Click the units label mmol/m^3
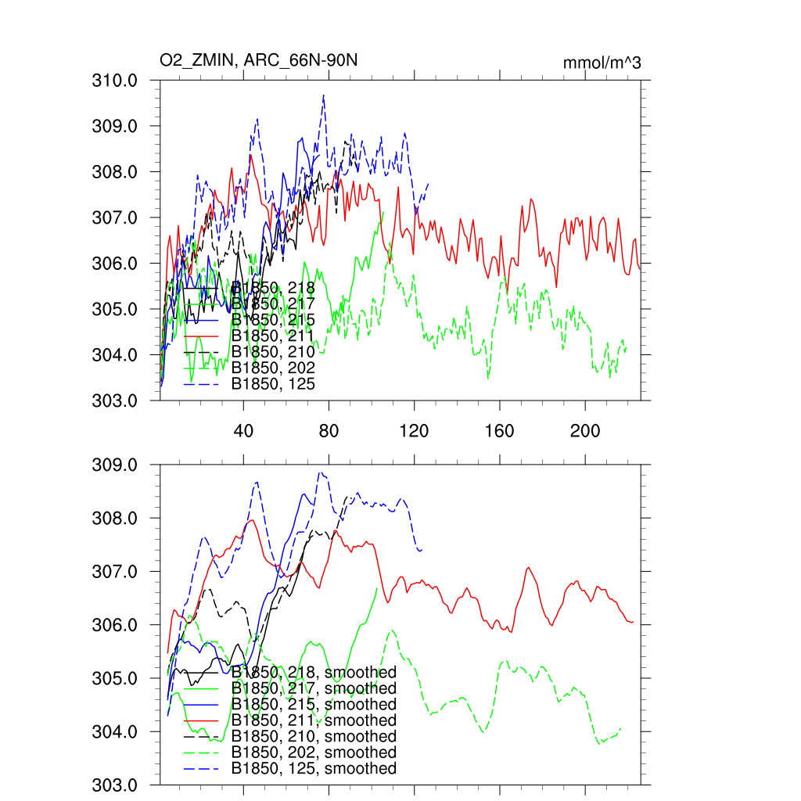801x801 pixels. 602,63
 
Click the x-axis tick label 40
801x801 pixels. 244,431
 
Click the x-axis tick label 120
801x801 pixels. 414,431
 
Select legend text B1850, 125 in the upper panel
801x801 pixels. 273,384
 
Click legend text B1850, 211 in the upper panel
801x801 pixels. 273,336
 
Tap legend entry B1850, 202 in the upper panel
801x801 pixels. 273,368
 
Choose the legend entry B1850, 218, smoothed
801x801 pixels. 314,672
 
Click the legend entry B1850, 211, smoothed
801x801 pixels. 314,720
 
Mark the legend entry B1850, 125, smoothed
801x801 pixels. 314,769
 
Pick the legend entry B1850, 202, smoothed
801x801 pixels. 314,753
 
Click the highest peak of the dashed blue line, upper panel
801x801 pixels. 323,95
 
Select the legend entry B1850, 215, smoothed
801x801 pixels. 314,704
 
